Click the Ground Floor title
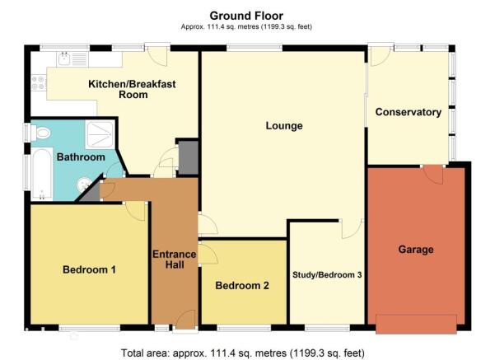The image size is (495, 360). [x=246, y=16]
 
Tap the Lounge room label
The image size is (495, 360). [x=284, y=126]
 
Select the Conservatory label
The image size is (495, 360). [x=409, y=112]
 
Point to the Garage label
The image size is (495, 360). [x=416, y=250]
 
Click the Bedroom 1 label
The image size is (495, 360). [x=89, y=269]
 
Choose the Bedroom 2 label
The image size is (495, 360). [x=242, y=286]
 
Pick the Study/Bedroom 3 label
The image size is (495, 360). [x=327, y=275]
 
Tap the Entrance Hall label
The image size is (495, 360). [x=175, y=259]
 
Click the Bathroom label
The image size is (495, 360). [x=81, y=157]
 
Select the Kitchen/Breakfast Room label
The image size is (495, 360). [x=133, y=89]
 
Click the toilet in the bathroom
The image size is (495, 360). [x=40, y=133]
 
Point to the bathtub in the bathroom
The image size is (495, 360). [x=42, y=174]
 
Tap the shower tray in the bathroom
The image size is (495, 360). [x=100, y=135]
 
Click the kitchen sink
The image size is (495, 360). [x=64, y=59]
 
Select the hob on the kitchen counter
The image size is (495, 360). [x=38, y=82]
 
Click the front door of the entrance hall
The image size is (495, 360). [x=185, y=320]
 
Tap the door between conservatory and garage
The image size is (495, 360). [x=432, y=175]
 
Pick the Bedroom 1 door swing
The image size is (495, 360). [x=135, y=211]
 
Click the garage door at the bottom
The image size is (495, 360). [x=416, y=324]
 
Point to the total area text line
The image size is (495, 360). [x=243, y=353]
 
